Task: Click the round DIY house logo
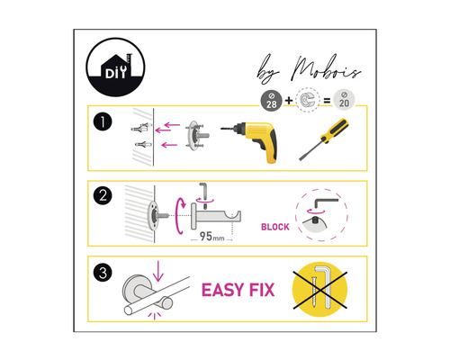115,67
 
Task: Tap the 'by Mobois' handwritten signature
309,69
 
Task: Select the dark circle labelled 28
271,101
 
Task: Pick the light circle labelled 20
344,100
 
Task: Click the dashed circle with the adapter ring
308,100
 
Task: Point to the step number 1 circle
103,121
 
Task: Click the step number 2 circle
103,195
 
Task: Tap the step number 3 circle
103,273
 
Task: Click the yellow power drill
254,140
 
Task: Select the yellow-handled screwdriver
324,139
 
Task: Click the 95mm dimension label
211,237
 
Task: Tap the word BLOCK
275,227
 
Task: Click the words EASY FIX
238,290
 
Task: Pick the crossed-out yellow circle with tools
319,290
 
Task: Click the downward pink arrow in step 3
157,271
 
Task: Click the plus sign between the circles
289,101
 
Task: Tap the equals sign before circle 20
327,101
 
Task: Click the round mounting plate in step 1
194,136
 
